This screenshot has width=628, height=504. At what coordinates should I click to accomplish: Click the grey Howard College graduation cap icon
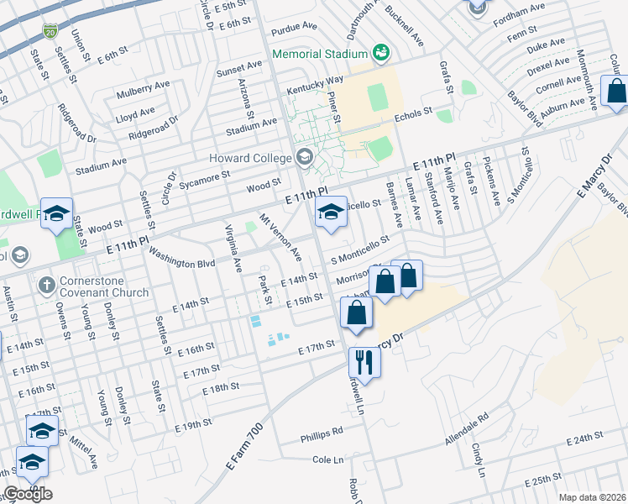click(x=303, y=157)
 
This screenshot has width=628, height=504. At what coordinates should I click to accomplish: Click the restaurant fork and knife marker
click(x=364, y=361)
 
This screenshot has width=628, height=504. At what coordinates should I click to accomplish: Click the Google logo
click(x=28, y=494)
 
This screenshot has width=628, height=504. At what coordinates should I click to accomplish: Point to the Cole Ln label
click(x=328, y=459)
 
